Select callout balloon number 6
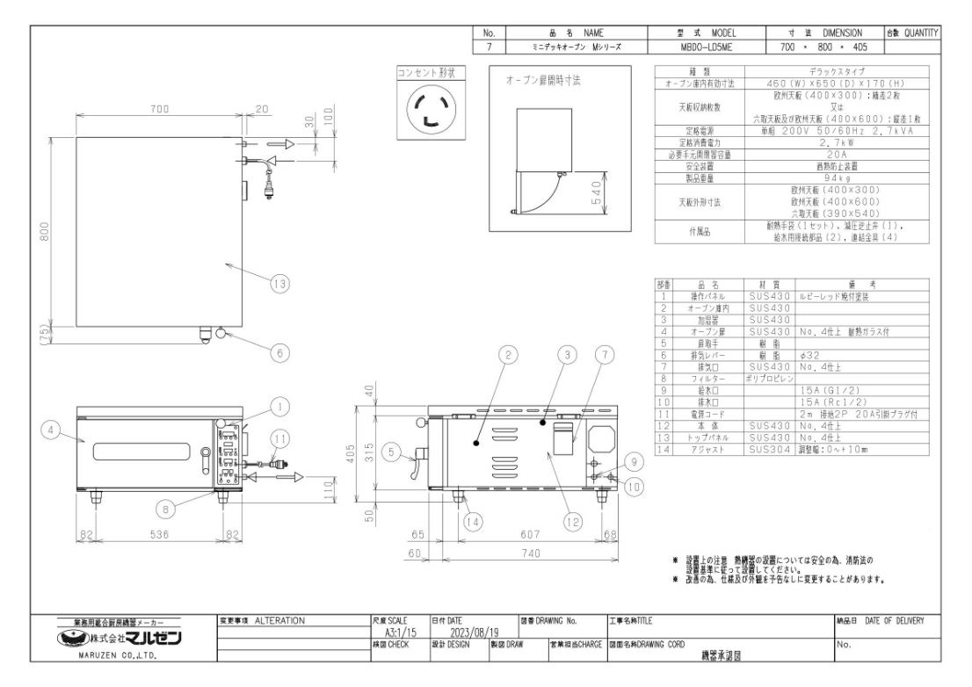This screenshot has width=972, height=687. tap(279, 352)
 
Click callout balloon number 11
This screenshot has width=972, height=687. tap(279, 436)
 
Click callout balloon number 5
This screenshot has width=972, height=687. tap(396, 453)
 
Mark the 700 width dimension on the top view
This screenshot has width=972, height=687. tap(158, 109)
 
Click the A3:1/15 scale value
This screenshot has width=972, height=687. tap(402, 631)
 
